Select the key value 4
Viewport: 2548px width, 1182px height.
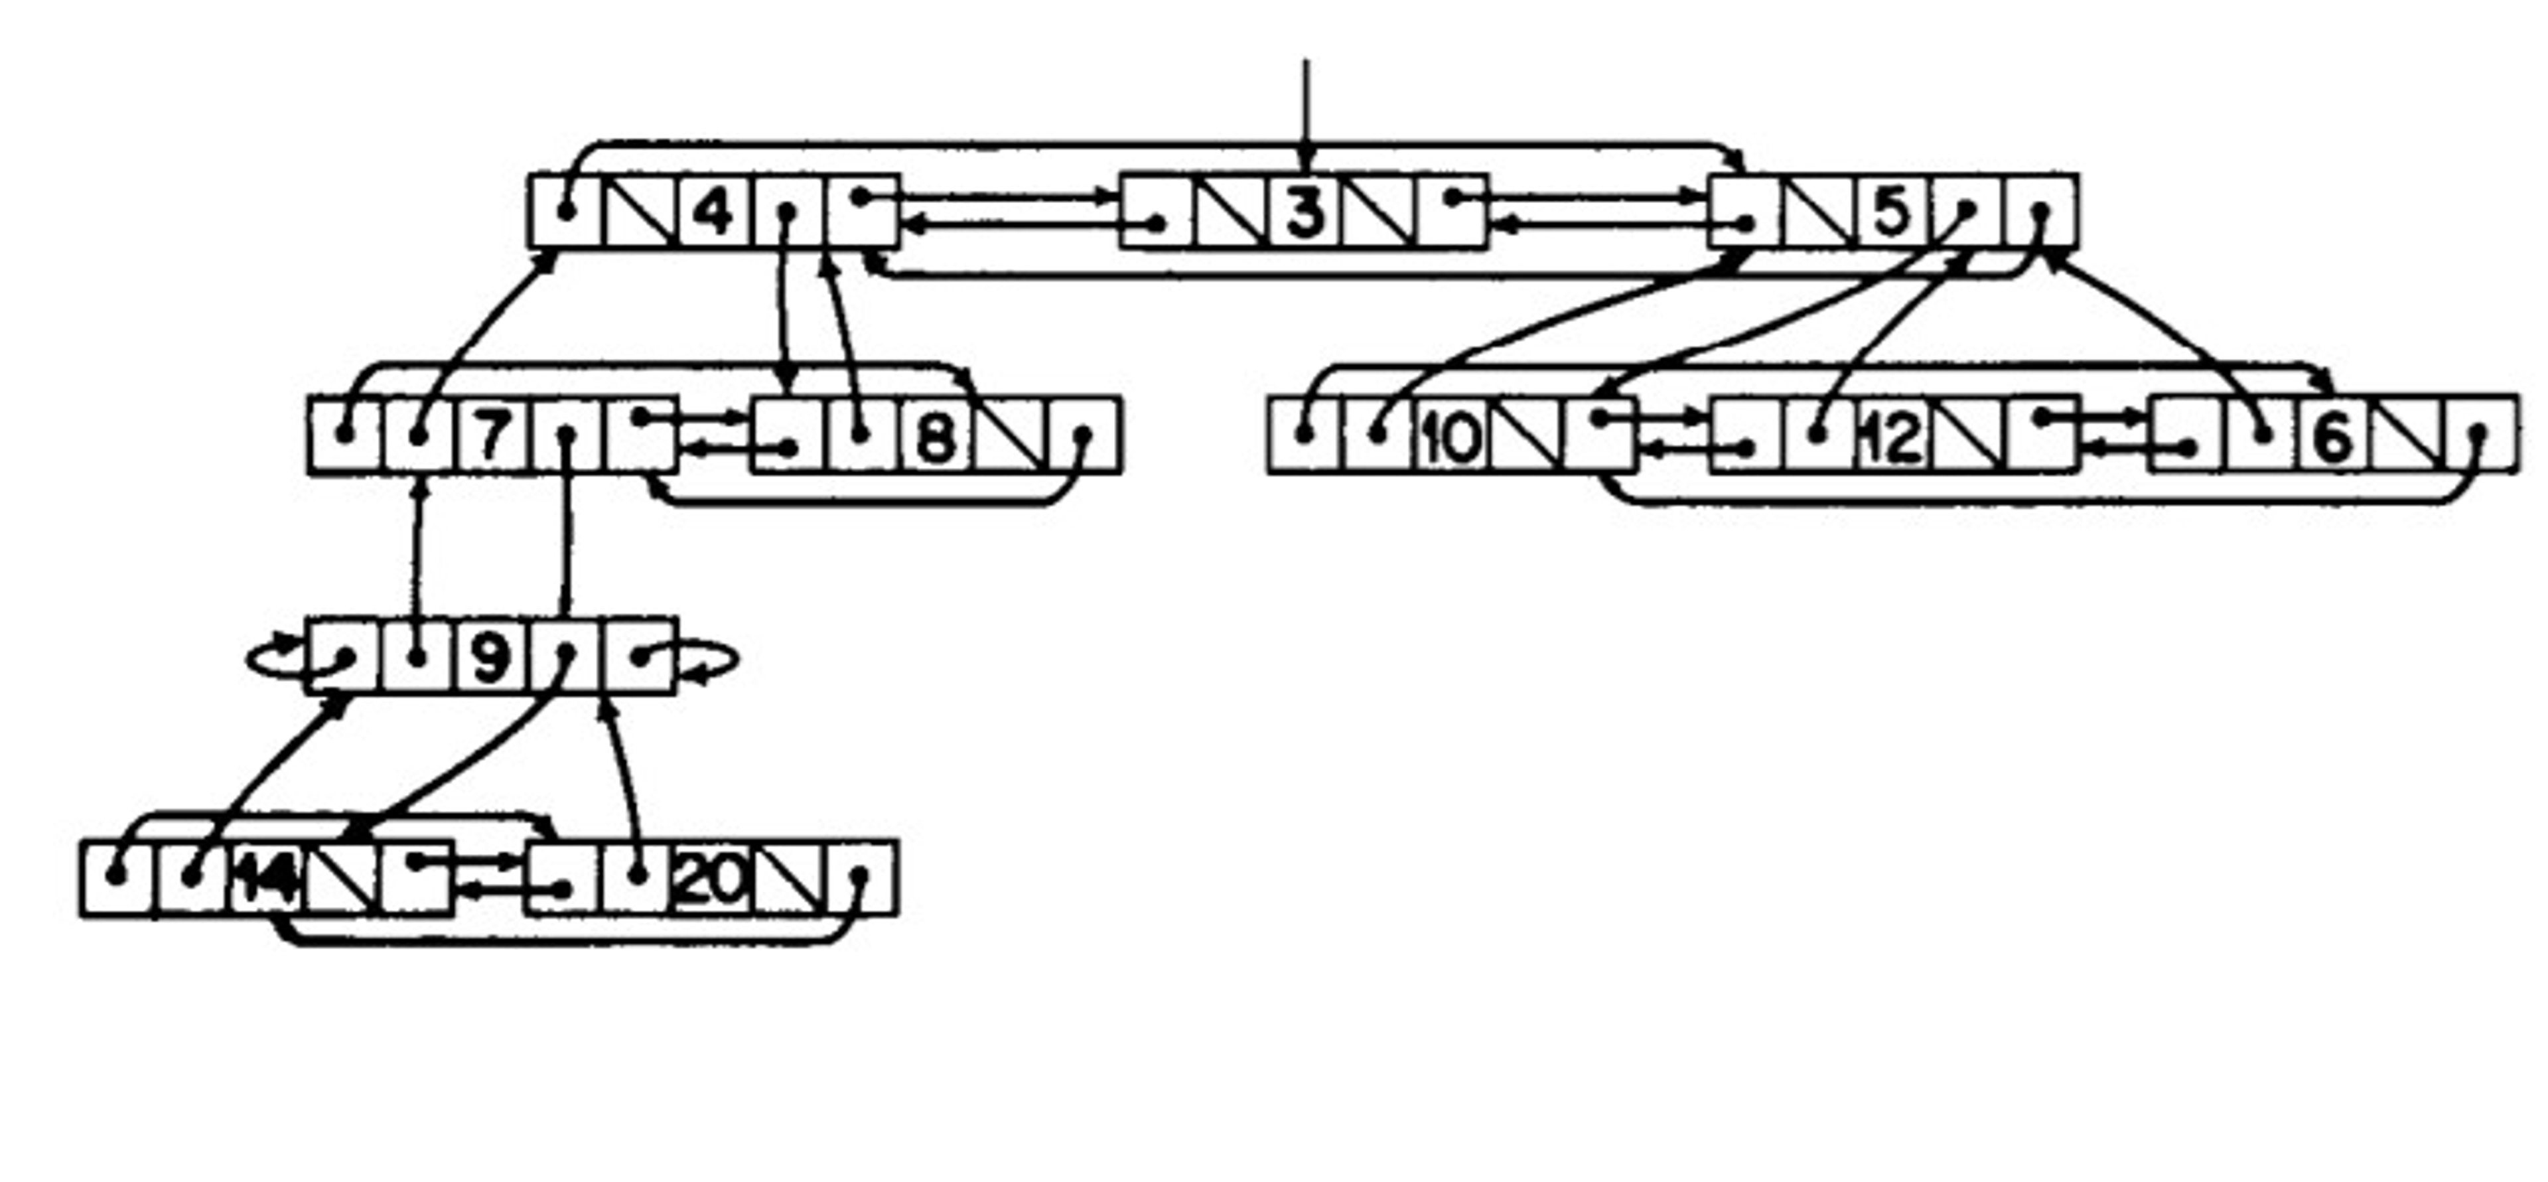pyautogui.click(x=714, y=212)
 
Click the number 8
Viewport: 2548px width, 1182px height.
pyautogui.click(x=936, y=435)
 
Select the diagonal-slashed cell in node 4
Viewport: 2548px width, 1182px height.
pyautogui.click(x=640, y=212)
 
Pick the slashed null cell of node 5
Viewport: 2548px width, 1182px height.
pyautogui.click(x=1819, y=212)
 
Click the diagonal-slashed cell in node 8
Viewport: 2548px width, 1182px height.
pyautogui.click(x=1009, y=435)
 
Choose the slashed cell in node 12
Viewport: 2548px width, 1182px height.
pyautogui.click(x=1968, y=435)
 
